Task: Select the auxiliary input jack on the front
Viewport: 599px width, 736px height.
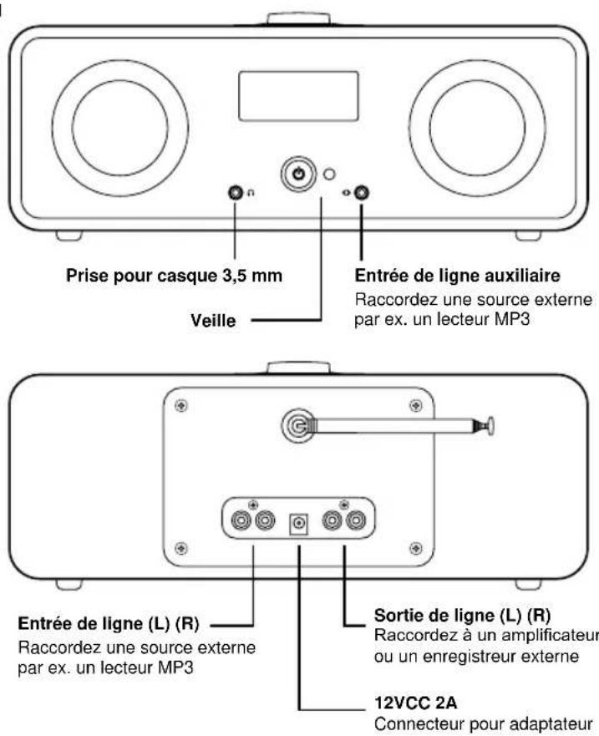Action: pos(361,194)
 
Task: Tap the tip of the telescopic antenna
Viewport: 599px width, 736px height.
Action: pos(490,425)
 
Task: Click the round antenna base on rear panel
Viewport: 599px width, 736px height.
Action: pos(295,425)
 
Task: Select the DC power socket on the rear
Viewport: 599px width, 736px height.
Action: pos(297,523)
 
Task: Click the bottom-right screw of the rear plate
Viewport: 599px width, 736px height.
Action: pos(415,546)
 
